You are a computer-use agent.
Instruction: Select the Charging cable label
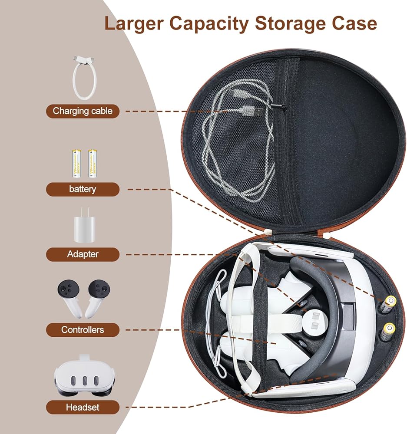[x=83, y=111]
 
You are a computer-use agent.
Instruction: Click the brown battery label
[x=83, y=189]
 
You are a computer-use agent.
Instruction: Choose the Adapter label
[x=83, y=254]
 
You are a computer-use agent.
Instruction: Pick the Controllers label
[x=83, y=329]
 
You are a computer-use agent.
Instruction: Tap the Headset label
[x=83, y=407]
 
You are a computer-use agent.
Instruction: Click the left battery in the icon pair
[x=77, y=164]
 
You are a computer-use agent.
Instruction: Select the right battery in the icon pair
[x=92, y=164]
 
